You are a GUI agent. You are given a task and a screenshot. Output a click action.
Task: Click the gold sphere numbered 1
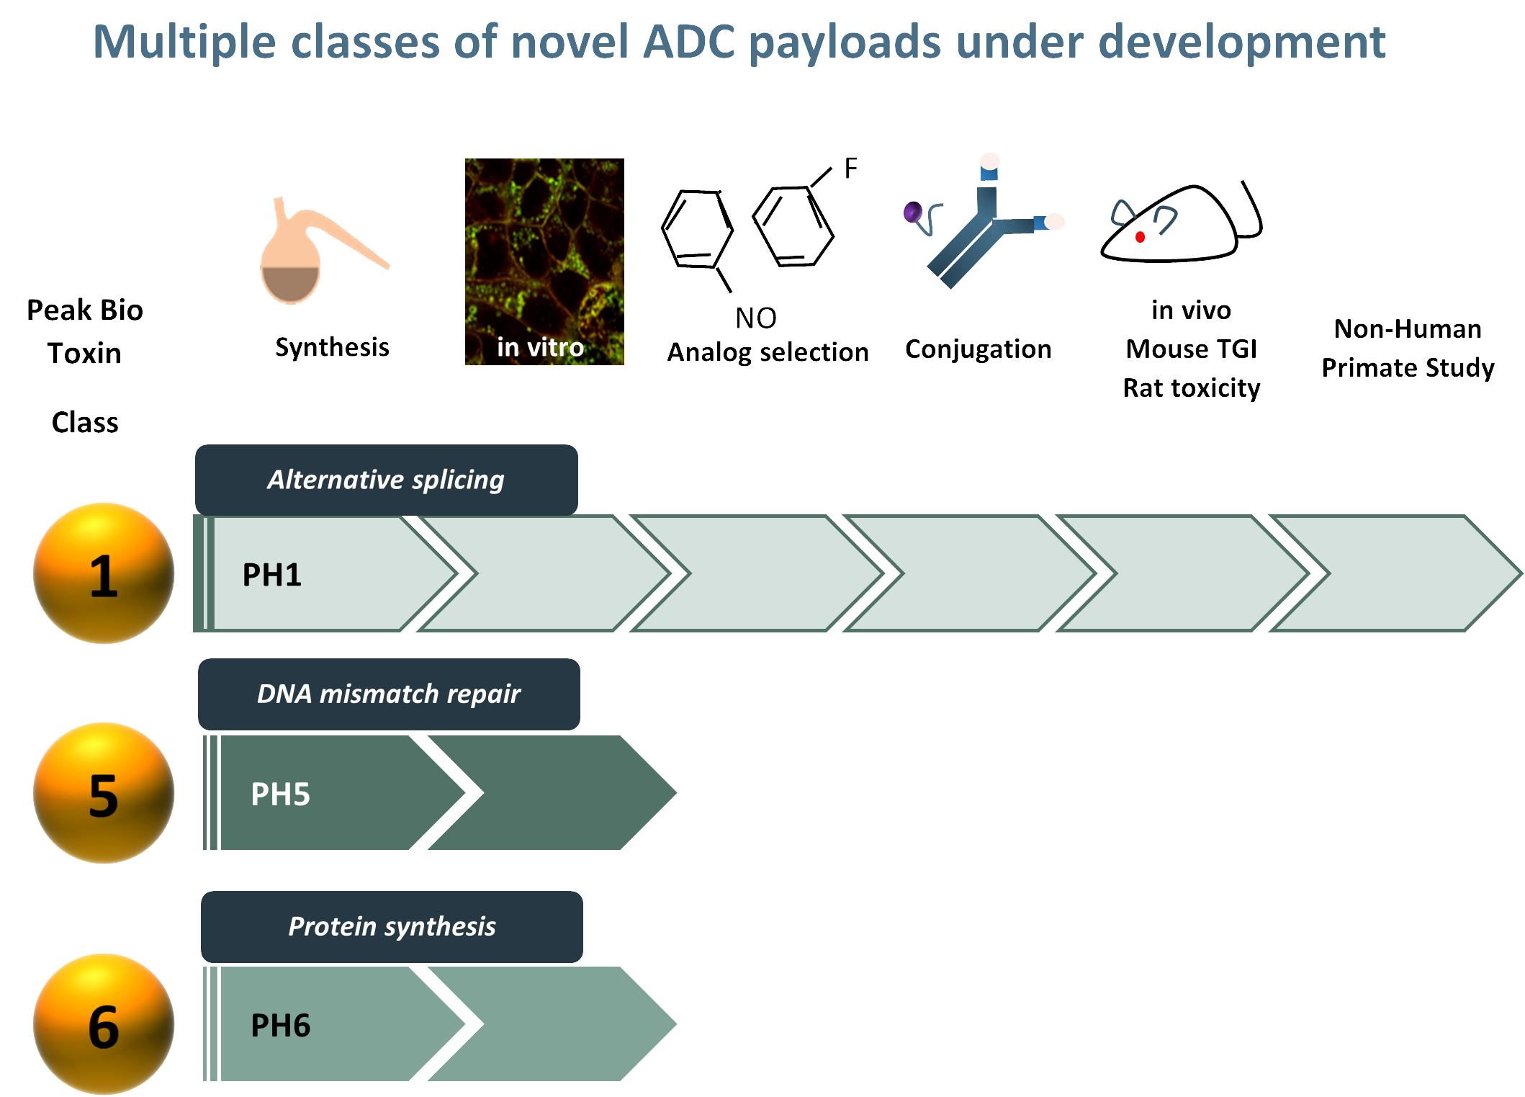click(104, 573)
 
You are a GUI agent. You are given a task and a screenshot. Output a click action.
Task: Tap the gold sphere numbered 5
click(104, 793)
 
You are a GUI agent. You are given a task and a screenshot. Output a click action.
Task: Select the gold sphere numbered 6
click(104, 1024)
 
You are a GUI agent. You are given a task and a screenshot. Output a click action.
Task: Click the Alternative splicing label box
click(386, 480)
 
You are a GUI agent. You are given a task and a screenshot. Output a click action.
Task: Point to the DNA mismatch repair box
click(389, 694)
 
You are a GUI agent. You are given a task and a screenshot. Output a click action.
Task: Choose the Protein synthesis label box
click(392, 926)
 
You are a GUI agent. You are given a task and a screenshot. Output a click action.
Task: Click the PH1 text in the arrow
click(271, 575)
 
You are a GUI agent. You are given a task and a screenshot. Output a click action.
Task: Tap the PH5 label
click(280, 794)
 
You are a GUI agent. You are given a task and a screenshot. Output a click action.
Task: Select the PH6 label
click(280, 1026)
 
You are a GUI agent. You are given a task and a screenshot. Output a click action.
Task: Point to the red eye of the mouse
click(1140, 237)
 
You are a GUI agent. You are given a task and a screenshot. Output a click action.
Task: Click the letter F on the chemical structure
click(850, 169)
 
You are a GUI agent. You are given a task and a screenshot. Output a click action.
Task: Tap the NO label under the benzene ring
click(755, 318)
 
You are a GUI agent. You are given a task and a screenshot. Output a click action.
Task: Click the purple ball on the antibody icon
click(912, 212)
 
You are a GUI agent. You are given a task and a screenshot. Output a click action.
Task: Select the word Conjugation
click(978, 349)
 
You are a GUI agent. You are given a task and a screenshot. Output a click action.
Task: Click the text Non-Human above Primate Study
click(1408, 329)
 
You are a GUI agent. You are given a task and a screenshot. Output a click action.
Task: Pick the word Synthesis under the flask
click(332, 347)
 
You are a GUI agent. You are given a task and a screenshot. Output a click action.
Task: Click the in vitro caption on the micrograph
click(540, 347)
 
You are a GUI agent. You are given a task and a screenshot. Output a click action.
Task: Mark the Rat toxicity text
click(1192, 388)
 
